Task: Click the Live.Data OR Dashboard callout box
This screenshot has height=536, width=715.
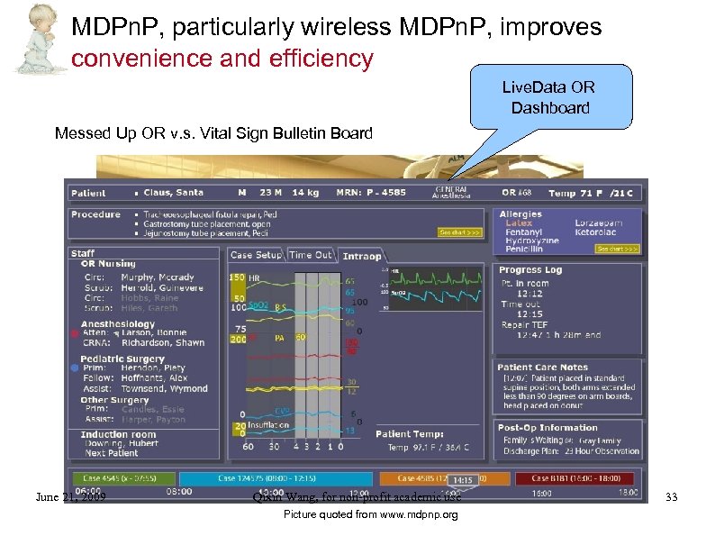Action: (548, 97)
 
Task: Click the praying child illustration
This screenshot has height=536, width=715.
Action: (36, 38)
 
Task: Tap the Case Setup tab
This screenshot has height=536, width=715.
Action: (256, 255)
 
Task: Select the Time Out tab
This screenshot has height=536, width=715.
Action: (311, 255)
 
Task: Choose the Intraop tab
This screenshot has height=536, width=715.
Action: (362, 256)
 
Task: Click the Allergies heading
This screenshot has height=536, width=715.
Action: (520, 214)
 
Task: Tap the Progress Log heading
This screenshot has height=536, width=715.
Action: (530, 269)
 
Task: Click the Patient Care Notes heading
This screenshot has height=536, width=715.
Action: (542, 367)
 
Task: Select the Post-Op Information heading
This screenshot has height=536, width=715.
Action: (548, 428)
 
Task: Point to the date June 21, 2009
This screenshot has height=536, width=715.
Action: (70, 496)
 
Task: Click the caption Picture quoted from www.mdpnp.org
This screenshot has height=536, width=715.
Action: (370, 515)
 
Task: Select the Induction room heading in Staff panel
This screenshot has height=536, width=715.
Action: (118, 434)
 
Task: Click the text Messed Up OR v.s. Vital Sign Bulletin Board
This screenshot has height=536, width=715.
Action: (213, 134)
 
